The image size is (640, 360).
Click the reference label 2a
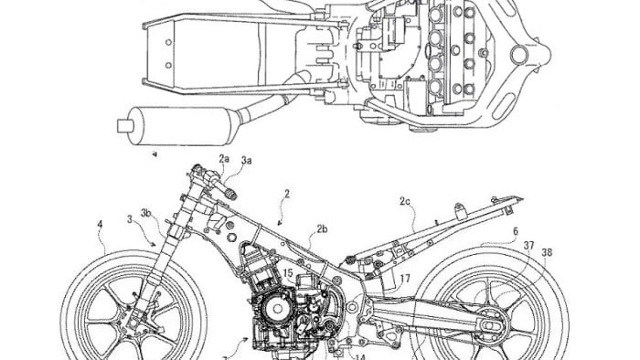(x=223, y=160)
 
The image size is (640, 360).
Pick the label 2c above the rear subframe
(x=405, y=199)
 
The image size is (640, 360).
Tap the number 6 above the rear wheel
(x=515, y=231)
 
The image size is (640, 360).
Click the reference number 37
(x=529, y=244)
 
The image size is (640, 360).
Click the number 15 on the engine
(x=287, y=272)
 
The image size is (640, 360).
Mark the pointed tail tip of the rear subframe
(x=522, y=197)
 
